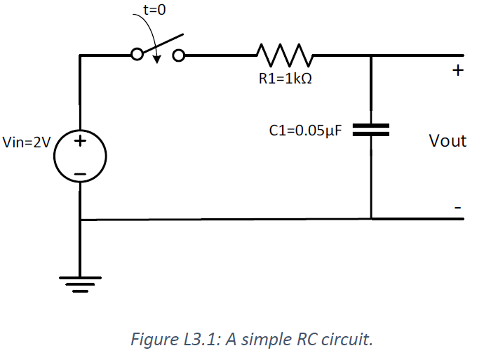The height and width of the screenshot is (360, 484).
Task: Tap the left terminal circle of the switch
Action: click(137, 54)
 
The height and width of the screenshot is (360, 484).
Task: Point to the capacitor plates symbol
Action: click(370, 130)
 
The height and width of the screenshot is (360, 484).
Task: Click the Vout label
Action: click(447, 141)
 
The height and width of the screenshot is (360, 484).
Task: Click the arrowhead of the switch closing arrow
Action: click(158, 58)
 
